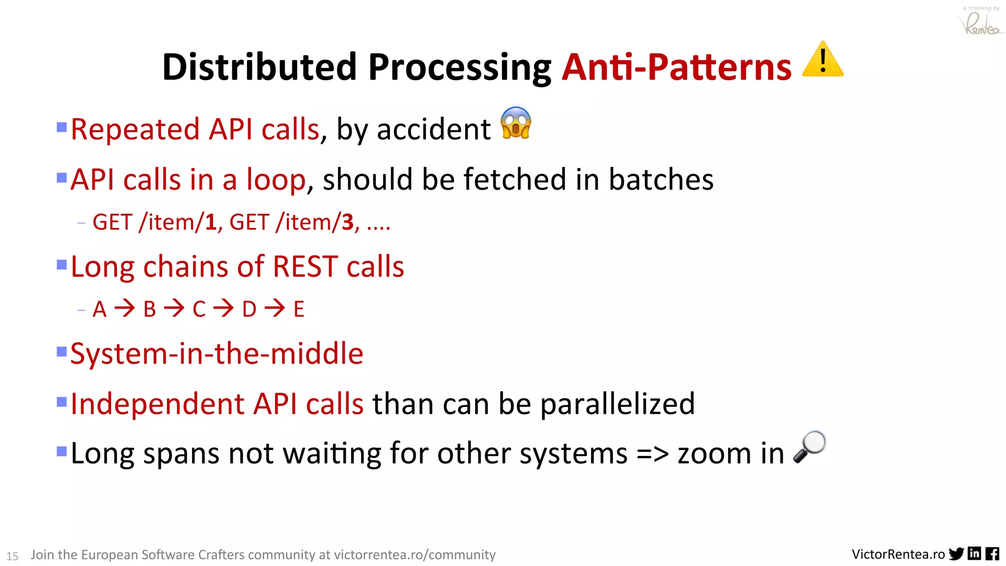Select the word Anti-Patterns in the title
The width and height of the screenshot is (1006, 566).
(x=676, y=67)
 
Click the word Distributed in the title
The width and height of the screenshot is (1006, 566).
(x=259, y=67)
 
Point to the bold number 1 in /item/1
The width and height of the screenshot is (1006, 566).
(x=211, y=223)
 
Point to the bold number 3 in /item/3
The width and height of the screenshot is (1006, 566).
(x=348, y=223)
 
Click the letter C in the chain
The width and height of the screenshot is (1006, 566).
(x=199, y=310)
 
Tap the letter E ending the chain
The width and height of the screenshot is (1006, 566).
(x=299, y=310)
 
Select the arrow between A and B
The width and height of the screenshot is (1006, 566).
(x=125, y=309)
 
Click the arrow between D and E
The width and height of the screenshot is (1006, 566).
(x=275, y=309)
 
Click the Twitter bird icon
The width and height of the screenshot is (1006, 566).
(x=956, y=554)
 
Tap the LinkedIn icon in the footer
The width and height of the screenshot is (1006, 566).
(x=975, y=554)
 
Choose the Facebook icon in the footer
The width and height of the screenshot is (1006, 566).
(x=992, y=554)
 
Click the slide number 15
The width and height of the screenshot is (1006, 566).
(x=12, y=556)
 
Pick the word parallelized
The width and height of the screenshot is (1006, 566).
(x=617, y=404)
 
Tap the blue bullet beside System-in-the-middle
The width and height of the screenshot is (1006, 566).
(x=62, y=352)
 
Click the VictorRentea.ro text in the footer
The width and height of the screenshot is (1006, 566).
(x=898, y=554)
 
